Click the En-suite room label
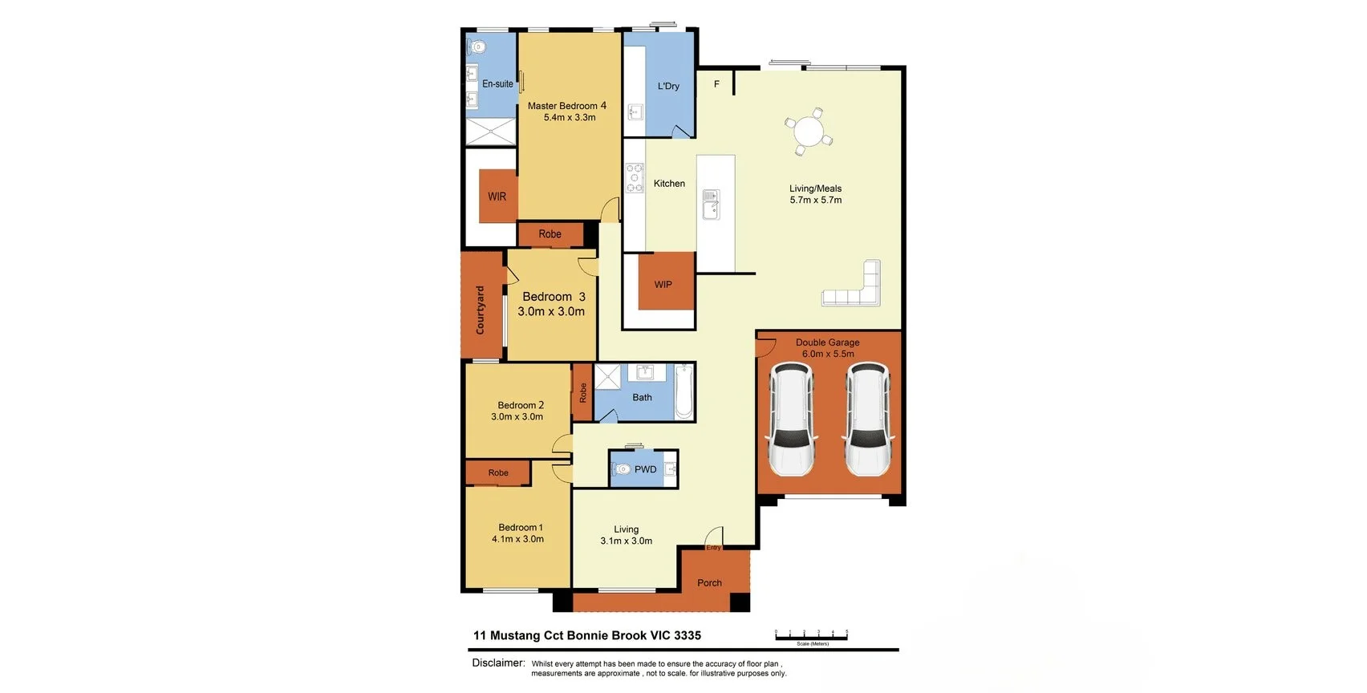(x=497, y=83)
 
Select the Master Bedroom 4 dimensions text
(x=570, y=118)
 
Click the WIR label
(x=497, y=197)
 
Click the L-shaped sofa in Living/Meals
(x=854, y=289)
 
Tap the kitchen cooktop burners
(x=635, y=178)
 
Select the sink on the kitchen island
(x=711, y=204)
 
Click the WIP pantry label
(x=663, y=284)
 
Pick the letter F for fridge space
(x=716, y=84)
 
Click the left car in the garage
(x=791, y=418)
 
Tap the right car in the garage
(x=867, y=418)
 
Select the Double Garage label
(x=827, y=342)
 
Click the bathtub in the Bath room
(x=683, y=391)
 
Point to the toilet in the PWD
(x=622, y=469)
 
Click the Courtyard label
(x=481, y=310)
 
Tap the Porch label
(x=709, y=583)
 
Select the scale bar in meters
(x=811, y=635)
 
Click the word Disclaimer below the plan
(x=497, y=663)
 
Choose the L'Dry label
(x=668, y=86)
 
